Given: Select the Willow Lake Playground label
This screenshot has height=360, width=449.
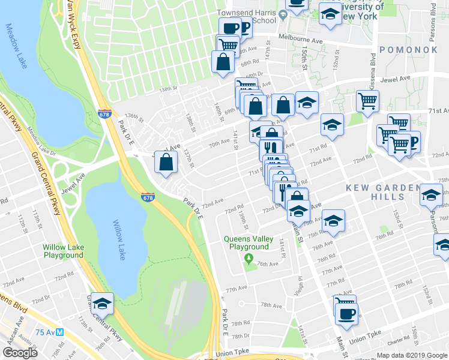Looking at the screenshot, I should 63,251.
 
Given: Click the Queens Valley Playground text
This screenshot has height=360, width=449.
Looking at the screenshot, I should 246,242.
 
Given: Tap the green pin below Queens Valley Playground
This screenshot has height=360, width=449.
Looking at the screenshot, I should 249,259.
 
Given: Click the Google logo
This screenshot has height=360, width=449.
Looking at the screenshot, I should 20,353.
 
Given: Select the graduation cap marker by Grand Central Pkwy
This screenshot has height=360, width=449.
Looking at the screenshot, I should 103,303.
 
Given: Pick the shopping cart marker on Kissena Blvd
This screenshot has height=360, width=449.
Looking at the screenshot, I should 368,100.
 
